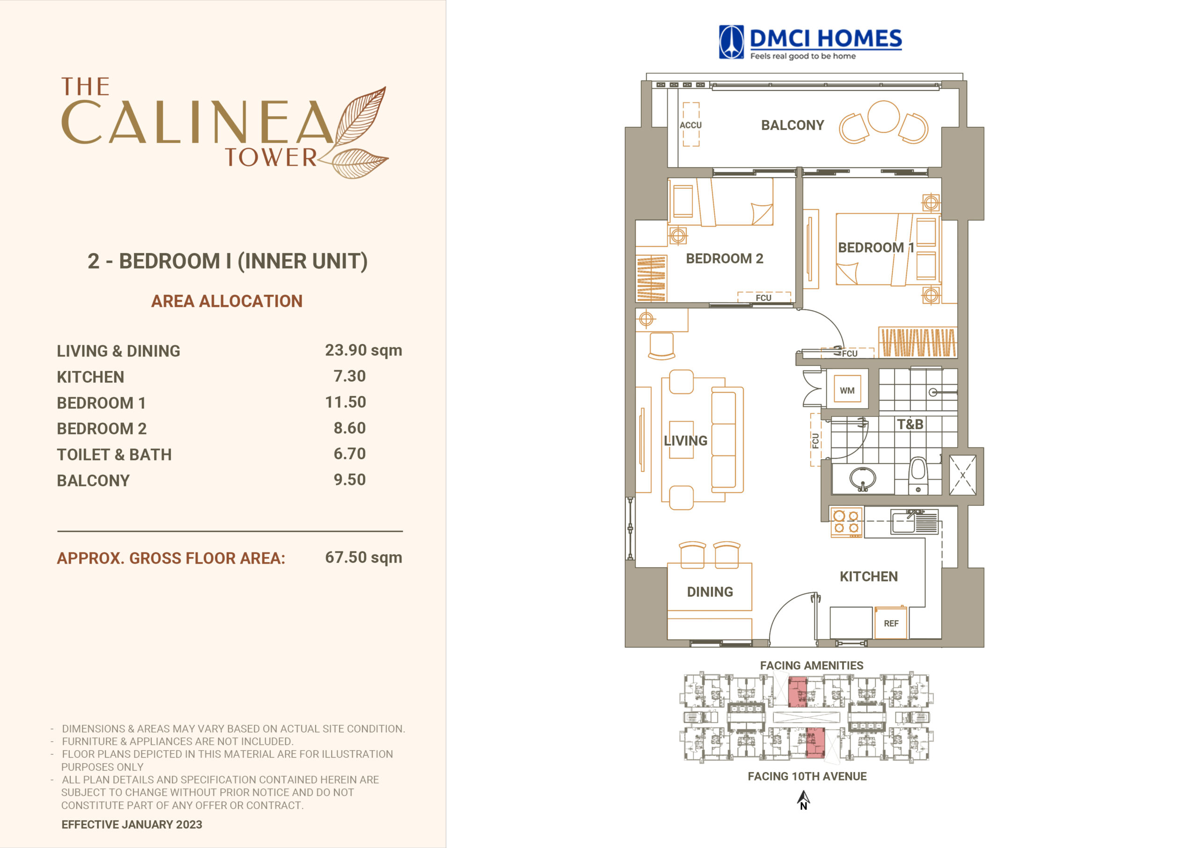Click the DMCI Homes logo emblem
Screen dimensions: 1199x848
[731, 42]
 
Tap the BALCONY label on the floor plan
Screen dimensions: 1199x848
[792, 126]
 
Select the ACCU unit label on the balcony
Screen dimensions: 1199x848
[690, 126]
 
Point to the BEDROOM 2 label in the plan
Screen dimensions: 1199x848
[724, 259]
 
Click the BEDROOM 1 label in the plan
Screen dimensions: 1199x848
[876, 248]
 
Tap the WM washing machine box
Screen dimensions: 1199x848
[847, 390]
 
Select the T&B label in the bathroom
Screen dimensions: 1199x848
[910, 424]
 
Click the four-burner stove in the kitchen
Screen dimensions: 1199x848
[846, 522]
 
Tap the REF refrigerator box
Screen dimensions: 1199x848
[891, 623]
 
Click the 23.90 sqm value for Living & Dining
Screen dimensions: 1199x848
[363, 350]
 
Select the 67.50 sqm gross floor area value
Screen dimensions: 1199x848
[363, 558]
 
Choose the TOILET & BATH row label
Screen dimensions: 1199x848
[114, 454]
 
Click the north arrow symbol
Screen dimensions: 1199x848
[803, 799]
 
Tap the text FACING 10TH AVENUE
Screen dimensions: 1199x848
[807, 776]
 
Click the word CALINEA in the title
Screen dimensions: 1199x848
[197, 122]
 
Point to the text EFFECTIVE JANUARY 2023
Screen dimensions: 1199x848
[132, 825]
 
